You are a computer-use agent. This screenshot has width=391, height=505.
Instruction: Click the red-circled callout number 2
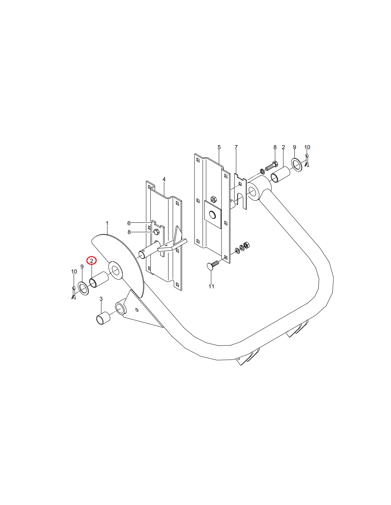(91, 261)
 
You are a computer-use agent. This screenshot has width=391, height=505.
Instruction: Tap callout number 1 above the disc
(107, 223)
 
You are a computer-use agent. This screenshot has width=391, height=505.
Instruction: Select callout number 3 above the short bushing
(101, 299)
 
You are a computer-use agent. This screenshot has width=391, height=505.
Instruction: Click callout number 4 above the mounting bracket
(164, 179)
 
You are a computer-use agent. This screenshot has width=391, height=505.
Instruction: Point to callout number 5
(219, 147)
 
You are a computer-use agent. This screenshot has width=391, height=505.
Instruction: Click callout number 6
(129, 223)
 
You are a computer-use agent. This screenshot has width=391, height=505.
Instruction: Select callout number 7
(236, 147)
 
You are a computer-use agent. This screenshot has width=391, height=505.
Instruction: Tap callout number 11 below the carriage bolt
(211, 287)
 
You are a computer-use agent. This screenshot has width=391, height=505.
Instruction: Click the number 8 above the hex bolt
(275, 147)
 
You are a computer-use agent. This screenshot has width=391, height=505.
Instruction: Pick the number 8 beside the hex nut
(129, 232)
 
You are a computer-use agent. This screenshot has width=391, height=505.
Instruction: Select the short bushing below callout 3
(103, 318)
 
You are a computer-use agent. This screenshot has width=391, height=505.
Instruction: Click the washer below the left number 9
(83, 288)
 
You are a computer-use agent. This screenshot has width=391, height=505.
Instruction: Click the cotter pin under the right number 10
(307, 160)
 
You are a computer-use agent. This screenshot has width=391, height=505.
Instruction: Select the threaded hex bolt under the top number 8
(272, 166)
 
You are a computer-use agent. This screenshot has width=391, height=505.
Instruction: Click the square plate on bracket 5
(213, 214)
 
